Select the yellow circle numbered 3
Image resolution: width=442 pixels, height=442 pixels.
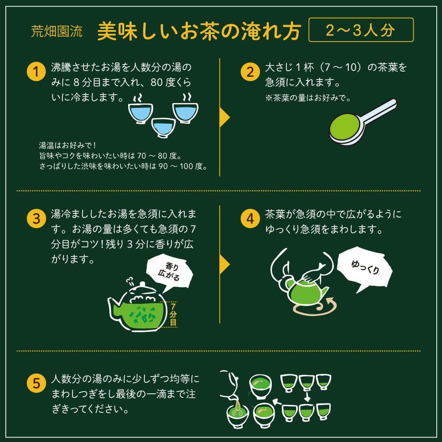(36, 218)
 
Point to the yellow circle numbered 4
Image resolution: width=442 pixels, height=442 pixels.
(250, 218)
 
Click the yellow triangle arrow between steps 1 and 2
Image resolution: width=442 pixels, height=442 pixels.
(225, 118)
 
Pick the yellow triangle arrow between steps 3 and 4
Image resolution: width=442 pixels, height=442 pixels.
(225, 265)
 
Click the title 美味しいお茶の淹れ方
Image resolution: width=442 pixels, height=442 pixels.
(199, 31)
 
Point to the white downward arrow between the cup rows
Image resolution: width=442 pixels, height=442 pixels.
(306, 396)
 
